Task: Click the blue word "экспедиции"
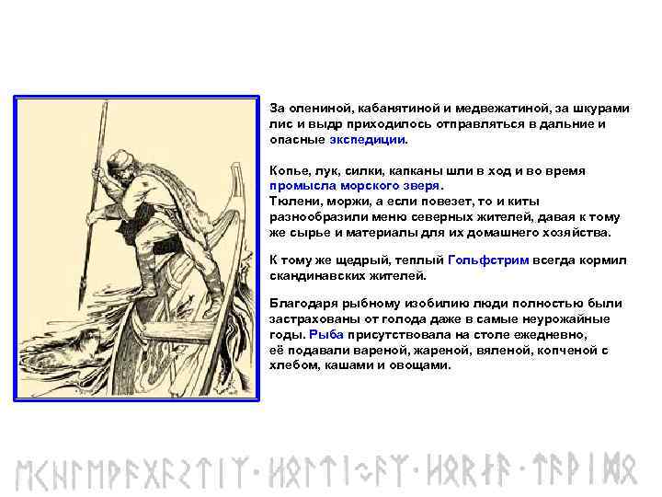[x=367, y=140]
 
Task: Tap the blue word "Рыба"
[x=326, y=334]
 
